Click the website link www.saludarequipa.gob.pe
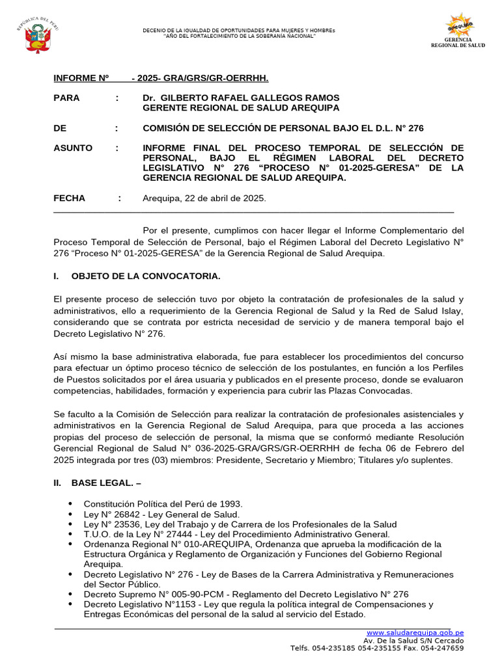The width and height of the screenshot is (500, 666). coord(415,632)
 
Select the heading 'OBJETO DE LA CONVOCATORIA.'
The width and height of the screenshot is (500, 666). coord(146,276)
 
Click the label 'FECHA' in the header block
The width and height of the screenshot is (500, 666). coord(69,198)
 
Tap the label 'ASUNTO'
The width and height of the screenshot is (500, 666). coord(72,148)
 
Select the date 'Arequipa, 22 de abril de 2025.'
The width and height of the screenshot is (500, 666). coord(204,198)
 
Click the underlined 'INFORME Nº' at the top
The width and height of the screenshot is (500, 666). coord(81,79)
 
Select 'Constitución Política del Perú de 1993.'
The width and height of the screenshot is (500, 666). coord(163,504)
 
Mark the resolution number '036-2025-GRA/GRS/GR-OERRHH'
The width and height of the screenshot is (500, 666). coord(270,449)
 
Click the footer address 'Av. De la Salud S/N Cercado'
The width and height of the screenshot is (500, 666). coord(413,640)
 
